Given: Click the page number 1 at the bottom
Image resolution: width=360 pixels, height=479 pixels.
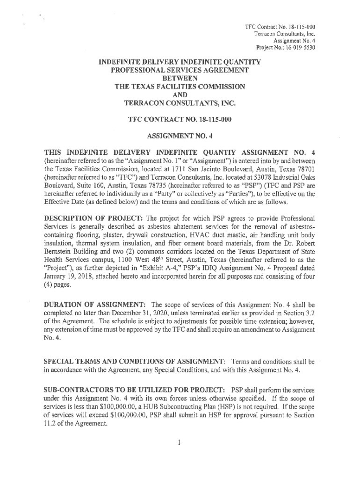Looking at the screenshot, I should coord(179,441).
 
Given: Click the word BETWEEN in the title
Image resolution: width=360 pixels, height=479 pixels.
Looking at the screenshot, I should coord(180,78).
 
